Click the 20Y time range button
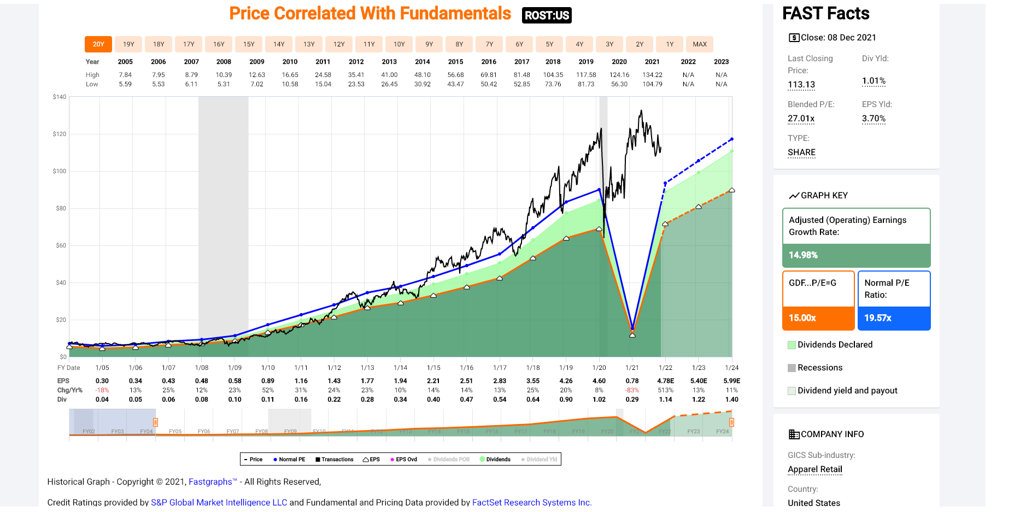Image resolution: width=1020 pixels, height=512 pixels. (98, 44)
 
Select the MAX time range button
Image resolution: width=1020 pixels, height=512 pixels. (700, 44)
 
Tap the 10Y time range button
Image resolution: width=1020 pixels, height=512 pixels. (399, 44)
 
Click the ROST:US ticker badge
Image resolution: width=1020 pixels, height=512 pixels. (547, 15)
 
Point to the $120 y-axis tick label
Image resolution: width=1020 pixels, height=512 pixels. (59, 134)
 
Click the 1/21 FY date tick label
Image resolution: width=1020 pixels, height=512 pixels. (632, 368)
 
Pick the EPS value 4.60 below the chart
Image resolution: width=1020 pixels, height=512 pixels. (599, 381)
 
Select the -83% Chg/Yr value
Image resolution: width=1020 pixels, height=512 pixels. (632, 390)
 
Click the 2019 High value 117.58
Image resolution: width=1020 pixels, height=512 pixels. (586, 75)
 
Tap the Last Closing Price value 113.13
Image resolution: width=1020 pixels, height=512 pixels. (801, 85)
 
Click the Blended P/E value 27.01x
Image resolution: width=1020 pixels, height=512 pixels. (801, 119)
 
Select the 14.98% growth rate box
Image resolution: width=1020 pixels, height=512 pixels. (856, 255)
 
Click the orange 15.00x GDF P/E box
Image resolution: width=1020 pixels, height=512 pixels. (818, 318)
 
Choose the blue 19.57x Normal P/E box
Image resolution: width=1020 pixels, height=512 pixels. (894, 318)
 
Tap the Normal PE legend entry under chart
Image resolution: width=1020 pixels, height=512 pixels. (290, 460)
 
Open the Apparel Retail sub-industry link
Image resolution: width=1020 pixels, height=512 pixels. (814, 469)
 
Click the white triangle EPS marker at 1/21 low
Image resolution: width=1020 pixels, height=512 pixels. (632, 335)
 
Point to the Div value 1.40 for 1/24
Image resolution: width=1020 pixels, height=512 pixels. (731, 399)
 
